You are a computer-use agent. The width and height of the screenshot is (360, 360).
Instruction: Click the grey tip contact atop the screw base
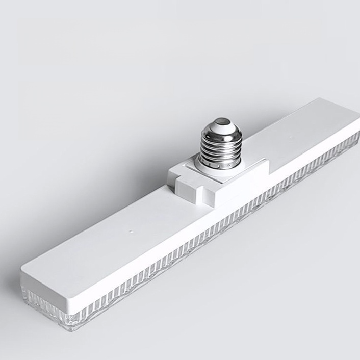point(221,122)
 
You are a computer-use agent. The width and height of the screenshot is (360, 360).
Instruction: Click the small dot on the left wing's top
point(132,231)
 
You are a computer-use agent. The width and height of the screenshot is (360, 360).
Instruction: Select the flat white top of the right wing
point(306,133)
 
